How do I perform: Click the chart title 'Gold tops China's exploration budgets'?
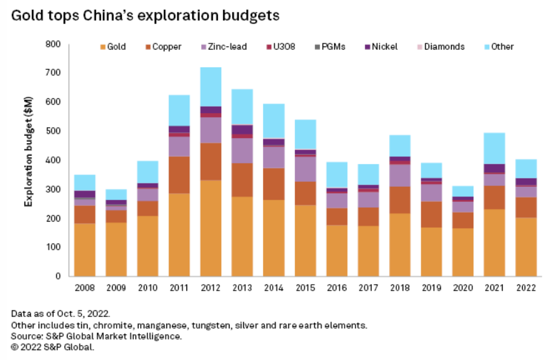(x=145, y=16)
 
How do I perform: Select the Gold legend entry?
(x=113, y=47)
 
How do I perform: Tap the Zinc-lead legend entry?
(x=223, y=47)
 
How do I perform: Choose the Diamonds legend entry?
(x=439, y=47)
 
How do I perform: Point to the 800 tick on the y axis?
(x=53, y=44)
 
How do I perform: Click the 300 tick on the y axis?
(x=53, y=189)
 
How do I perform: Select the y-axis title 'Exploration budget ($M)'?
(x=29, y=159)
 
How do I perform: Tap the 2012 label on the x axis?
(x=211, y=287)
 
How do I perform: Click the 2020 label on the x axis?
(x=463, y=287)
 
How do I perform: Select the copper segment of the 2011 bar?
(x=179, y=175)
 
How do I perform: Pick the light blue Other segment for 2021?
(x=494, y=148)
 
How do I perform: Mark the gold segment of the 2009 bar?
(x=116, y=249)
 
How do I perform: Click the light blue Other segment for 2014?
(x=274, y=121)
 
